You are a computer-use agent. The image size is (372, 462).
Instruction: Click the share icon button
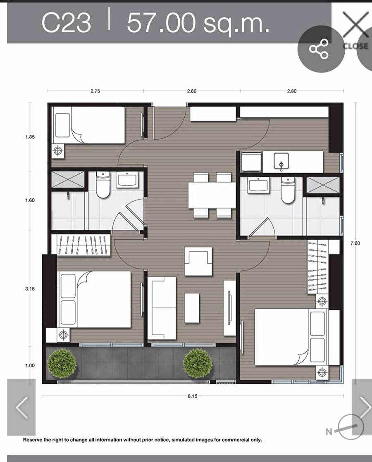pos(319,48)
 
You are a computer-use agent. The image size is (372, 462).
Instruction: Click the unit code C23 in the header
pos(66,22)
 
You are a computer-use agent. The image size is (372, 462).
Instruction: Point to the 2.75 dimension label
pos(95,91)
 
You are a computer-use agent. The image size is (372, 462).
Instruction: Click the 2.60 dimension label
pos(192,91)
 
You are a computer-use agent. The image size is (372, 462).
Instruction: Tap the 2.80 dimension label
pos(291,91)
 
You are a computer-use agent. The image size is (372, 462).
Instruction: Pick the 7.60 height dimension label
pos(355,243)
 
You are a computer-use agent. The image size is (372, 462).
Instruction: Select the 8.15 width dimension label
pos(193,396)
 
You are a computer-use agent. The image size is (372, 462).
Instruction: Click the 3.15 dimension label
pos(30,289)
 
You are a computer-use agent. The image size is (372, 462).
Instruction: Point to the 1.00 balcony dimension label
pos(30,365)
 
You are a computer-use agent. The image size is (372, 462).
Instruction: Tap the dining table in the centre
pos(212,195)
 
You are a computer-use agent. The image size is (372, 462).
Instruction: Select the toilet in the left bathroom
pos(103,185)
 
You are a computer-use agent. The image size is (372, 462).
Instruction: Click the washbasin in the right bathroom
pos(258,185)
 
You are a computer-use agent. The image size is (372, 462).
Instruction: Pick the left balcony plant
pos(62,363)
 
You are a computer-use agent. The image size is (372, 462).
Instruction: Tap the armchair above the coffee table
pos(198,261)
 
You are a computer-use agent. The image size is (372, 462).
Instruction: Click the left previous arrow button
pos(21,407)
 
